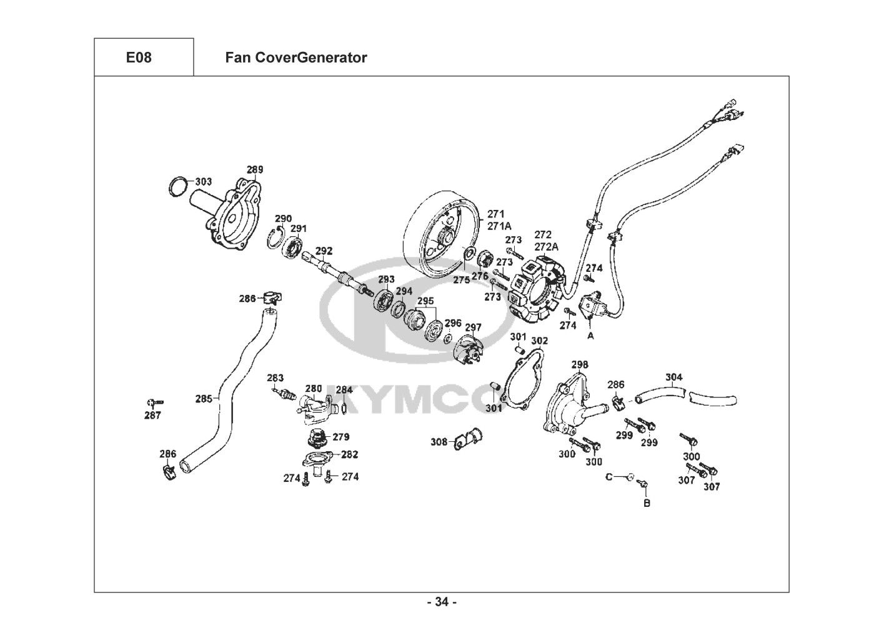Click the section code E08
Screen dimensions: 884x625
point(139,57)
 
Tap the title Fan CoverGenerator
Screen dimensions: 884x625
point(296,57)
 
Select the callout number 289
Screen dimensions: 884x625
point(255,169)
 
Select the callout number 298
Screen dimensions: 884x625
point(580,364)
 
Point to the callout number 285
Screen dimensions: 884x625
point(204,399)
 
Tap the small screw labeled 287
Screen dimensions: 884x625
point(155,402)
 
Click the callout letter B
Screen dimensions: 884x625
point(647,503)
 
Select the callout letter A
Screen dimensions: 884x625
point(590,336)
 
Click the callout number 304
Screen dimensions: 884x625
point(673,377)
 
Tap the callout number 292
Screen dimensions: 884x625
point(324,251)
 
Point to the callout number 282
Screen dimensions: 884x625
point(350,454)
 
